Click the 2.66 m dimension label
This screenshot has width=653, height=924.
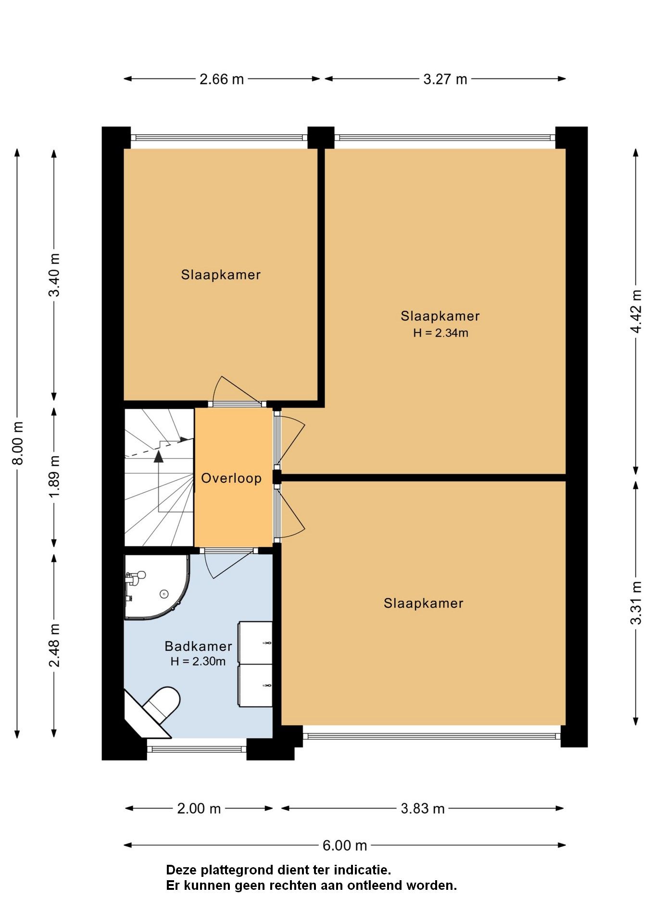(x=222, y=79)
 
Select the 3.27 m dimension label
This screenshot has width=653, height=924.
(x=445, y=79)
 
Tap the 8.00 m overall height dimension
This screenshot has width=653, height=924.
(x=18, y=443)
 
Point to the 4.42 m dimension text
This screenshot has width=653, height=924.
(x=636, y=310)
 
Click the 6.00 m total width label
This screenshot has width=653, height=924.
(x=344, y=845)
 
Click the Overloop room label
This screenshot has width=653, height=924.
(x=231, y=478)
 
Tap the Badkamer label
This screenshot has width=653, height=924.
(x=198, y=646)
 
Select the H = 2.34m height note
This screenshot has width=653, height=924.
(x=440, y=333)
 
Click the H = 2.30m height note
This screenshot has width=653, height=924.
(x=198, y=661)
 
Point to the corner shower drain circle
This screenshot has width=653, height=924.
(x=164, y=594)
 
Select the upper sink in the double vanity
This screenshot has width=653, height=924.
(x=256, y=642)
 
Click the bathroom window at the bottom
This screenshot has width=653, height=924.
(x=197, y=749)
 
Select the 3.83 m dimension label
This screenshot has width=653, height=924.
(x=423, y=808)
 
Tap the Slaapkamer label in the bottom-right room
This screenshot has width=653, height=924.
(x=423, y=603)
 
